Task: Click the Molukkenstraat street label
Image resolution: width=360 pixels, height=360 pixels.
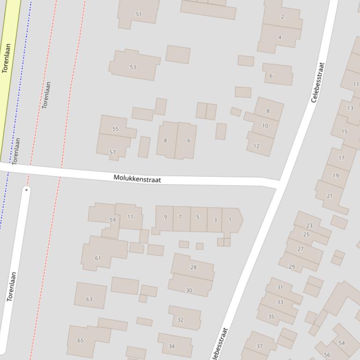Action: (137, 179)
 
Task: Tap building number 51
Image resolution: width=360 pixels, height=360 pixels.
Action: (139, 14)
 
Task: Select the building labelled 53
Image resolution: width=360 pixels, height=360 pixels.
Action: (133, 67)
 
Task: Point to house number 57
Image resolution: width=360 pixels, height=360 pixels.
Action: (112, 152)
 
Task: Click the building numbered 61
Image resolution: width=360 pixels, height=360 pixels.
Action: (98, 258)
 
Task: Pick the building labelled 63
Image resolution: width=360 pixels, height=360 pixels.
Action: (89, 299)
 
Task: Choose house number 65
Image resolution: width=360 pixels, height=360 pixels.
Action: (81, 340)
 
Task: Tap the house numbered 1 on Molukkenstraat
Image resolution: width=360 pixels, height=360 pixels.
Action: (230, 219)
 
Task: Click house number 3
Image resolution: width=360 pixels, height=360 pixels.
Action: (215, 220)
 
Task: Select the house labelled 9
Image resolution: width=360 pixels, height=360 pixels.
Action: (165, 217)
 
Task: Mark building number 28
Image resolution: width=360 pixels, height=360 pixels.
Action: (193, 267)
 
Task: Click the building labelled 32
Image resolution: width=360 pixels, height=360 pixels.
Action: (180, 320)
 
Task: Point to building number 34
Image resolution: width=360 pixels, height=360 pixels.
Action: (171, 346)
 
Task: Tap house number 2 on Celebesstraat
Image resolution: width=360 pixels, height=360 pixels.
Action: (282, 17)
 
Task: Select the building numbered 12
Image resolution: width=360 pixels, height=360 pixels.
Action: (256, 146)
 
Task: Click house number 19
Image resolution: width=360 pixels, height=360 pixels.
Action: (336, 176)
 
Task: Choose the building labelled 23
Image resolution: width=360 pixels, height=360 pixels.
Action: (309, 226)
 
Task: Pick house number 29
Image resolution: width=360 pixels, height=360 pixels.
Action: (292, 267)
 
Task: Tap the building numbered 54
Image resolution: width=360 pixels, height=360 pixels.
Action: (342, 343)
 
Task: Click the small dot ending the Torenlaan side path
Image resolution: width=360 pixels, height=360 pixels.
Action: (27, 190)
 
